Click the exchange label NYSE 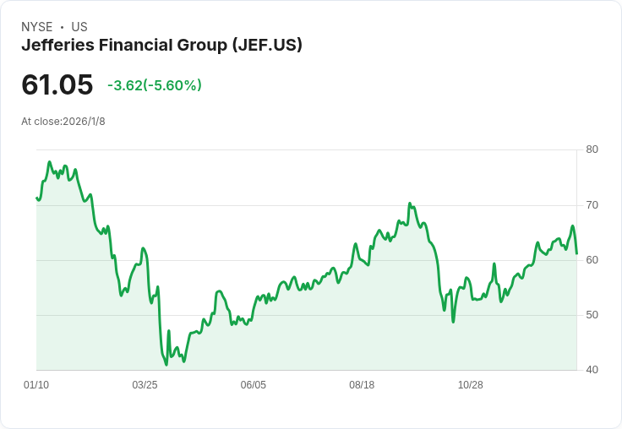click(37, 27)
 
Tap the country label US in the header click(79, 27)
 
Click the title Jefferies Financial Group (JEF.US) click(161, 45)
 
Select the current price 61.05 click(57, 84)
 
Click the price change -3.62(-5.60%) click(155, 85)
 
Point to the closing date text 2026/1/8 click(84, 122)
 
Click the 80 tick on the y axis click(592, 149)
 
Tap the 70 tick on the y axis click(592, 205)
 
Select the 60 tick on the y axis click(592, 260)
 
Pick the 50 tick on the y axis click(592, 315)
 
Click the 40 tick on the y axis click(592, 370)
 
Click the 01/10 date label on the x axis click(36, 385)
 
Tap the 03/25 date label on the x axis click(145, 385)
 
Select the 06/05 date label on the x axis click(254, 385)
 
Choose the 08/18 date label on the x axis click(362, 385)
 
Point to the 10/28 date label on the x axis click(470, 385)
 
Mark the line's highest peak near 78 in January click(50, 162)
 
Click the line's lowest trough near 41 click(166, 364)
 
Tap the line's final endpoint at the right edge click(576, 253)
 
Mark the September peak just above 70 click(409, 204)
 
